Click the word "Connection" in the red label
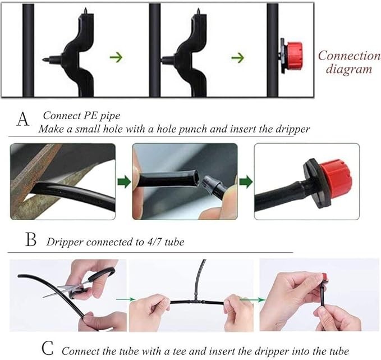348,56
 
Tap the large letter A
23,120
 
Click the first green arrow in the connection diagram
116,57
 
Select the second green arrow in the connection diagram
238,57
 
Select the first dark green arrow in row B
123,181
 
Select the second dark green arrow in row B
245,181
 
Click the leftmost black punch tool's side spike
47,57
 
